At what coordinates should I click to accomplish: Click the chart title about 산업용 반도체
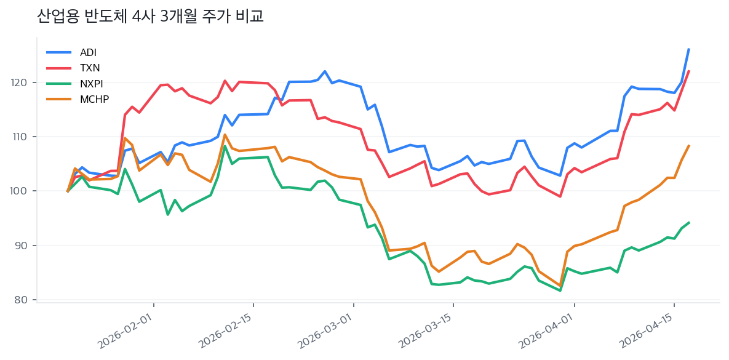(x=150, y=17)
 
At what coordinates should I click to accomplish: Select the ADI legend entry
(x=88, y=52)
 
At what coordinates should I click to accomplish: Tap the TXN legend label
(x=90, y=68)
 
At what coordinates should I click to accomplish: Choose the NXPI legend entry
(x=91, y=84)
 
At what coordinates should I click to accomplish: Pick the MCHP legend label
(x=94, y=99)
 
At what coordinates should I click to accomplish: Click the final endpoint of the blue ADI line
(x=688, y=49)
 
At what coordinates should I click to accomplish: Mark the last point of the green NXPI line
(x=688, y=222)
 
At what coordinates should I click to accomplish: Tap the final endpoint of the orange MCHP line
(x=688, y=146)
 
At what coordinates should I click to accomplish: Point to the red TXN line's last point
(x=688, y=71)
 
